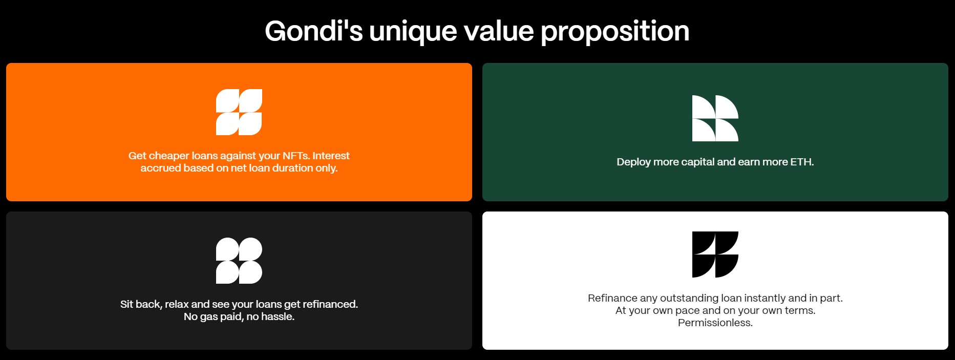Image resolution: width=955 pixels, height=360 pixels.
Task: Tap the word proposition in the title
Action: pos(614,32)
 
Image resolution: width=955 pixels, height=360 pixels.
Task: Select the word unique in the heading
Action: pos(413,32)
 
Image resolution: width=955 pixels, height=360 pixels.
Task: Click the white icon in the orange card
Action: pos(239,112)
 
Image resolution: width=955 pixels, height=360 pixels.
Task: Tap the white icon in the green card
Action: pos(715,118)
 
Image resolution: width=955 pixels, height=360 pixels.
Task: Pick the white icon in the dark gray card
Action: pos(239,261)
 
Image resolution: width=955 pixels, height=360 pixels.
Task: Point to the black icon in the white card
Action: pos(715,255)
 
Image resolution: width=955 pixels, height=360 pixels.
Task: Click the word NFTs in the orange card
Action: pos(296,156)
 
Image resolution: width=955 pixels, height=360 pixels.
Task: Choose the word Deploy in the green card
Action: pos(633,162)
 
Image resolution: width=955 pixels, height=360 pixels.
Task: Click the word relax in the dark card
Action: pos(177,304)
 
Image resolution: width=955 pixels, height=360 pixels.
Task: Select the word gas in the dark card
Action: pos(209,317)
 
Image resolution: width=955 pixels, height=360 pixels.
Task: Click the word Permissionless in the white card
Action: pos(715,323)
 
